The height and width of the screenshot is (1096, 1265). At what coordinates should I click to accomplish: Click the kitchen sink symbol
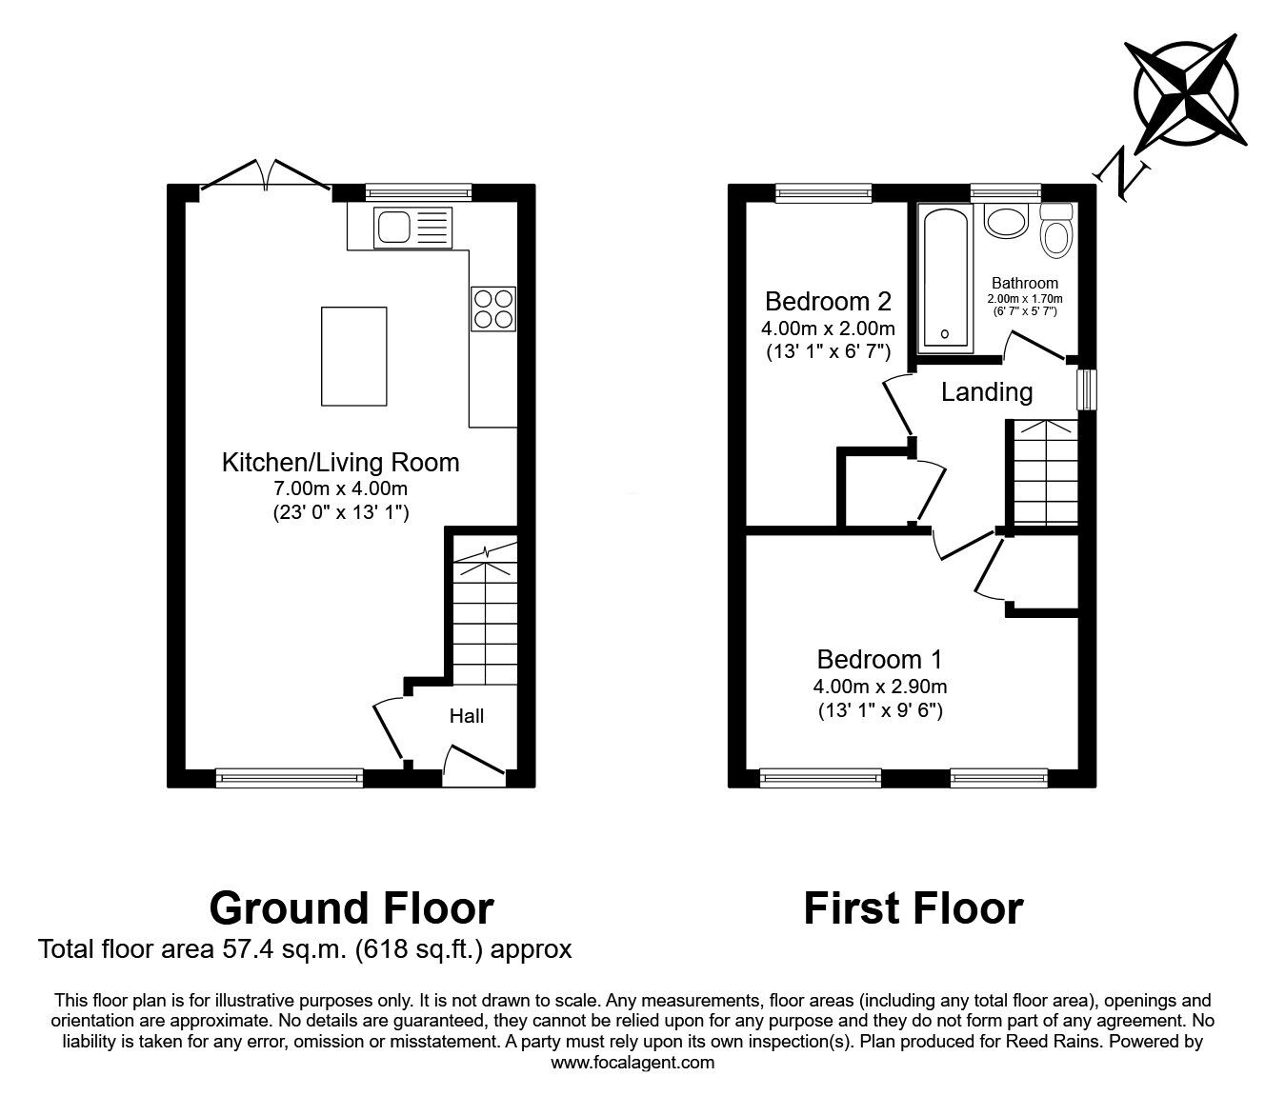(x=411, y=227)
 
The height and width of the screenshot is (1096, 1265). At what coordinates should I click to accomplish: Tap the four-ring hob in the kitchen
(x=493, y=309)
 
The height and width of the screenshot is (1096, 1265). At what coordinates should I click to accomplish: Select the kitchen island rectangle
(x=354, y=355)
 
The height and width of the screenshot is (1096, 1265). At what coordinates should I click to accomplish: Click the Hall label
(x=467, y=716)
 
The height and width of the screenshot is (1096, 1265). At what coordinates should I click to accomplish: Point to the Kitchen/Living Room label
(x=340, y=463)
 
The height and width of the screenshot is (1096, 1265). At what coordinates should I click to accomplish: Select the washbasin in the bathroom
(x=1004, y=221)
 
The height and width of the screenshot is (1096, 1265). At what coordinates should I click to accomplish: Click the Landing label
(x=987, y=392)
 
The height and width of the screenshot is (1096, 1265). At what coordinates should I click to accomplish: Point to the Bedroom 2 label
(x=828, y=302)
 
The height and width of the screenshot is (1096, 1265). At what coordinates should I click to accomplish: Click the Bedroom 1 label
(x=880, y=659)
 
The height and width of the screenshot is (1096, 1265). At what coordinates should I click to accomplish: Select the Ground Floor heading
(x=351, y=908)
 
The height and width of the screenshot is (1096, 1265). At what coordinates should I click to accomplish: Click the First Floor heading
(x=913, y=908)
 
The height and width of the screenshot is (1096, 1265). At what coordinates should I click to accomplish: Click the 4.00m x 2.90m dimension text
(x=880, y=686)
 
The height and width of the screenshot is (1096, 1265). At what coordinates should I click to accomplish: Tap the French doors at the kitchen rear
(x=266, y=179)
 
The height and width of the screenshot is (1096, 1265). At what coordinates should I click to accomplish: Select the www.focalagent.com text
(x=632, y=1063)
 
